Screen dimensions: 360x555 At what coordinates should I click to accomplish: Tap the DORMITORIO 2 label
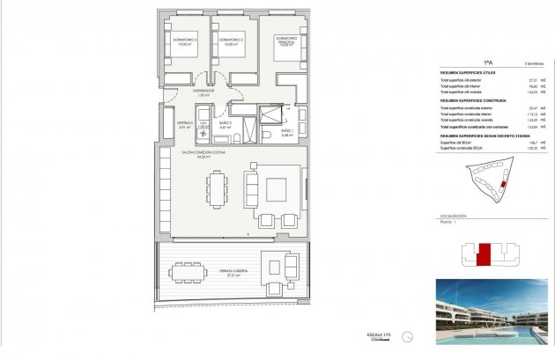pos(231,40)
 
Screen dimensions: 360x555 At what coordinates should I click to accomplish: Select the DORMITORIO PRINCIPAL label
pos(285,40)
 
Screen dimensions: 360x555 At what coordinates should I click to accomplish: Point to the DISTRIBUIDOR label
pos(204,91)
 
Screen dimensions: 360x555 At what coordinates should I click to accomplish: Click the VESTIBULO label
pos(184,123)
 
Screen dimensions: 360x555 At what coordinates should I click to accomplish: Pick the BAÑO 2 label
pos(225,123)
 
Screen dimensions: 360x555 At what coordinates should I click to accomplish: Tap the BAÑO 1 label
pos(286,131)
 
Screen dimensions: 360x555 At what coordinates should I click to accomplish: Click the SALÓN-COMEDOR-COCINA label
pos(203,153)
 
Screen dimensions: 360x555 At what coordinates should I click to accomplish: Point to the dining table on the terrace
pos(187,272)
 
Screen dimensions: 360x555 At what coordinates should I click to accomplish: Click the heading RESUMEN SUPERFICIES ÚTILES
pos(468,72)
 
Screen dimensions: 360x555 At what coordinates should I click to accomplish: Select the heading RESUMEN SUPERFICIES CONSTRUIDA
pos(471,100)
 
